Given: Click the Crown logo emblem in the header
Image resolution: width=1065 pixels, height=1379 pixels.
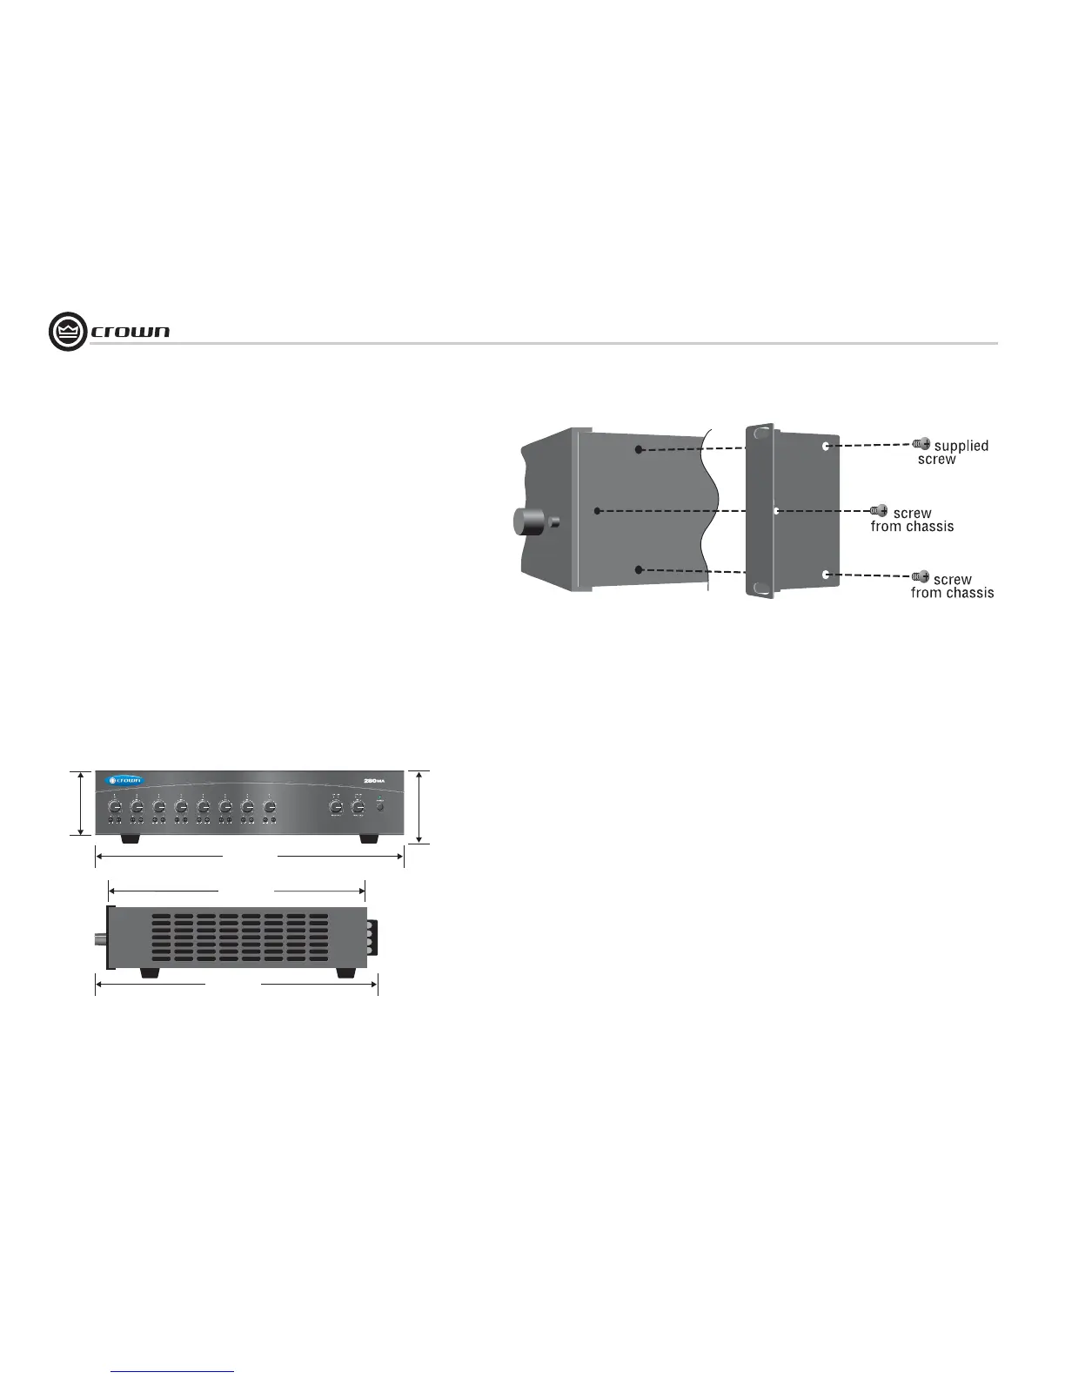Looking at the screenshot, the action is (68, 332).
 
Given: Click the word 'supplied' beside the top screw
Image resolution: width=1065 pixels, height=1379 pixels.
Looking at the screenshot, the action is (961, 446).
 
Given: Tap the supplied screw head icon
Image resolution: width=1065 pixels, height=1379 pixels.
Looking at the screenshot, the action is (921, 444).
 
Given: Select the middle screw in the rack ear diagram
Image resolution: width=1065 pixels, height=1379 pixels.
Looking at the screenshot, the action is (879, 510).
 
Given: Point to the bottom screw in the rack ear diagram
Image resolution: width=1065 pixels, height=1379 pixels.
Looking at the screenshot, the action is (921, 576).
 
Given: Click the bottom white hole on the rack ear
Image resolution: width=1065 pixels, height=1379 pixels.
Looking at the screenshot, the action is (825, 575).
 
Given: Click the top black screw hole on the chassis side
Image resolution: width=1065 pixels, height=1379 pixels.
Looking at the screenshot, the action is (639, 449).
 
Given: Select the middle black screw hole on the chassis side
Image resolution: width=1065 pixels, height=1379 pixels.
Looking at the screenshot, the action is (597, 510).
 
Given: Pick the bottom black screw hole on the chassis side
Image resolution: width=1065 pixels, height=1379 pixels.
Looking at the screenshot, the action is (639, 569).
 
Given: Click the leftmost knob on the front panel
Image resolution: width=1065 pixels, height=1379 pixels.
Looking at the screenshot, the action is (114, 806).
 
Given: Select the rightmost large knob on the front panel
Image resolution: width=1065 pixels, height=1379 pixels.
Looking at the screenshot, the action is (357, 806).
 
